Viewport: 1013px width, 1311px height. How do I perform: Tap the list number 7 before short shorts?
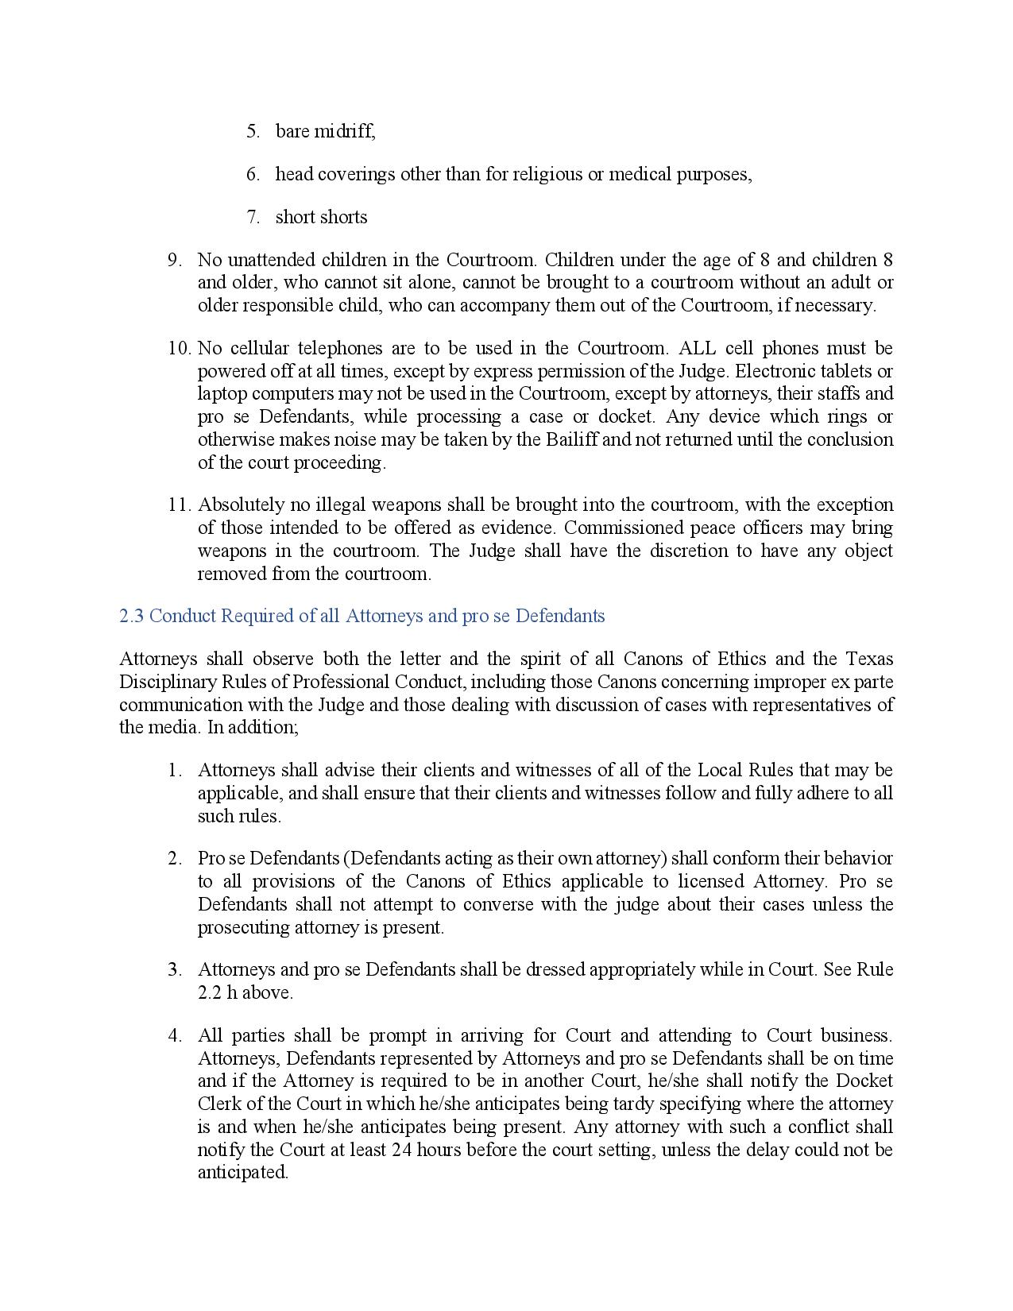[253, 217]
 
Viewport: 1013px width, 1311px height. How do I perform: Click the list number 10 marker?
[179, 348]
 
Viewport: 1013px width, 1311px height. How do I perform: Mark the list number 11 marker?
[179, 505]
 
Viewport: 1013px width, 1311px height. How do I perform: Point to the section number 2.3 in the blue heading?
[131, 616]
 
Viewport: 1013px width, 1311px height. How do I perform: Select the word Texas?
[869, 659]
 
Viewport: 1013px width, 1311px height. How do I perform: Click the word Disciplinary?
[162, 682]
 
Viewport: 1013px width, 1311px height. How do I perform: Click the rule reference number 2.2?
[210, 992]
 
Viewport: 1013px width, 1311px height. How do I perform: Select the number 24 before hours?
[401, 1150]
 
